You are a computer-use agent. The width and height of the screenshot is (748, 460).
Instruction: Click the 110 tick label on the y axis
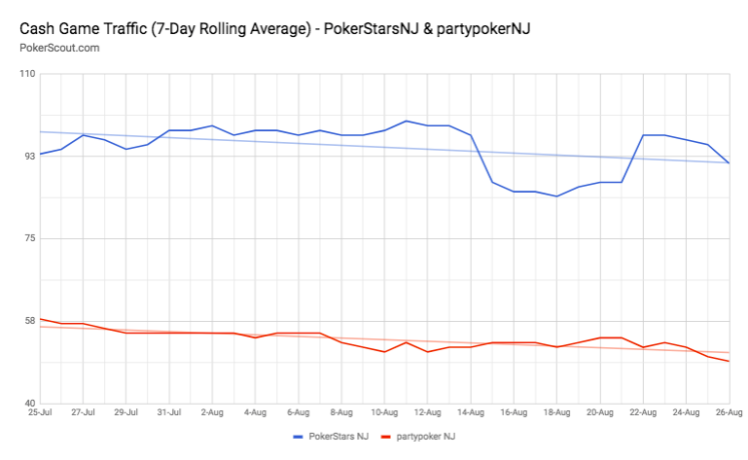(x=25, y=74)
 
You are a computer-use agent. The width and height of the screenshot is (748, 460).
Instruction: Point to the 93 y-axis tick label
(x=27, y=156)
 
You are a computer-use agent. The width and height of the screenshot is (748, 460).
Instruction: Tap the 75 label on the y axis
(x=27, y=238)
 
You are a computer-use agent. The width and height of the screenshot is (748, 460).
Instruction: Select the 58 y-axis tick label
(x=27, y=321)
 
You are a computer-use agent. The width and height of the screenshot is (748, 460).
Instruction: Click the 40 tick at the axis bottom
(x=27, y=403)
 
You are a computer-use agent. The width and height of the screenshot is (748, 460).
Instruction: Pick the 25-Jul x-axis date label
(x=40, y=412)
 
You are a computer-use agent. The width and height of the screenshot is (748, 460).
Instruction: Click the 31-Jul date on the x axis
(x=169, y=412)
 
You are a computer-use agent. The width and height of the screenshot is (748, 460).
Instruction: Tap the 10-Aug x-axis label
(x=384, y=412)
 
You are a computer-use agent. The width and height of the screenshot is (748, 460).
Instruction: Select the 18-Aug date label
(x=556, y=412)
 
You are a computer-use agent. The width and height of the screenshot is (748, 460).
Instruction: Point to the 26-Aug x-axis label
(x=730, y=412)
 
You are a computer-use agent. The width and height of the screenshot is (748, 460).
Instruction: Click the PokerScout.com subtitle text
(x=58, y=48)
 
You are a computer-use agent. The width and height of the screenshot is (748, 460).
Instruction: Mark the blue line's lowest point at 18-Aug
(x=556, y=196)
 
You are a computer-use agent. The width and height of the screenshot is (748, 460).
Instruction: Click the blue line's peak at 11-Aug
(x=406, y=121)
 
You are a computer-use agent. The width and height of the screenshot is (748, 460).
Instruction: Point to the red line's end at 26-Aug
(x=730, y=362)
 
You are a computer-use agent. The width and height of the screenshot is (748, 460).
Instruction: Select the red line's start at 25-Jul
(x=40, y=319)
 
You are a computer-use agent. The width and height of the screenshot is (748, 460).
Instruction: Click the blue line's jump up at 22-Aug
(x=643, y=135)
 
